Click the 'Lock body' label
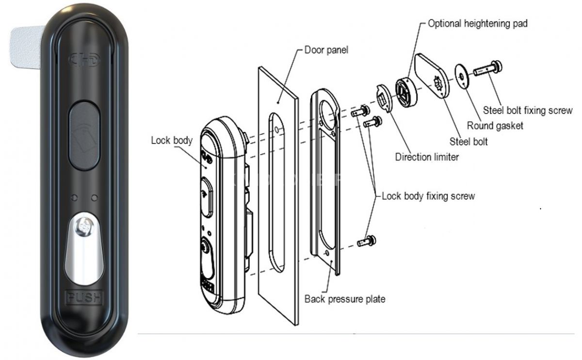pos(172,141)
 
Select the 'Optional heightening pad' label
pos(477,23)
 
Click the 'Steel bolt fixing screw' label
pos(528,111)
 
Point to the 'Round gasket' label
pos(495,126)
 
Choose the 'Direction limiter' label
pos(426,157)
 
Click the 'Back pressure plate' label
pos(345,299)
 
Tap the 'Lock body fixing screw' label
pos(428,196)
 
